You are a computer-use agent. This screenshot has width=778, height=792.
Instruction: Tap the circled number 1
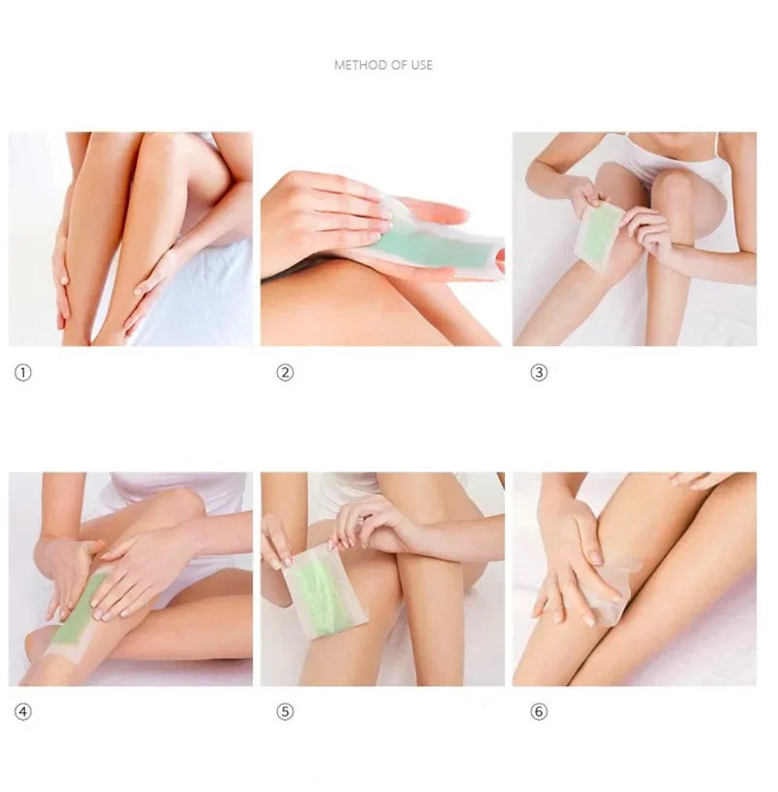click(x=22, y=372)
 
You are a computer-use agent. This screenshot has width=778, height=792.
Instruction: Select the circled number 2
click(x=285, y=372)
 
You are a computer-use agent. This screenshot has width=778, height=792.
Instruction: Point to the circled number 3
click(x=539, y=372)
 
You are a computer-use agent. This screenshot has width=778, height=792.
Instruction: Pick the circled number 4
click(x=22, y=711)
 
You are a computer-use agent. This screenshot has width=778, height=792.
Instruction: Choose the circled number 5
click(x=285, y=711)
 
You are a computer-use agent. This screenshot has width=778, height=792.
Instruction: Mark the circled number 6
click(x=539, y=711)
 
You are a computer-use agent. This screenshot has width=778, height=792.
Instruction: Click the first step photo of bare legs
click(x=130, y=239)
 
